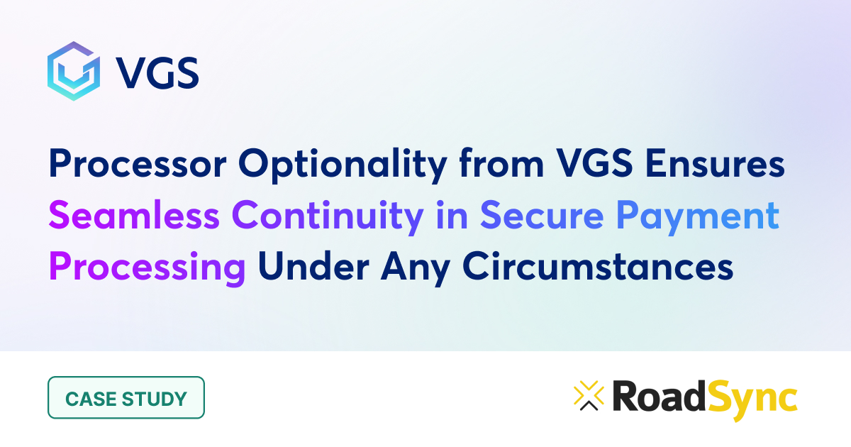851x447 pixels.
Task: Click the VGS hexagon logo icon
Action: [71, 70]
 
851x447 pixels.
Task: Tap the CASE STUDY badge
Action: [126, 397]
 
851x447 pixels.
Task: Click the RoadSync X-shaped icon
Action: [588, 397]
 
